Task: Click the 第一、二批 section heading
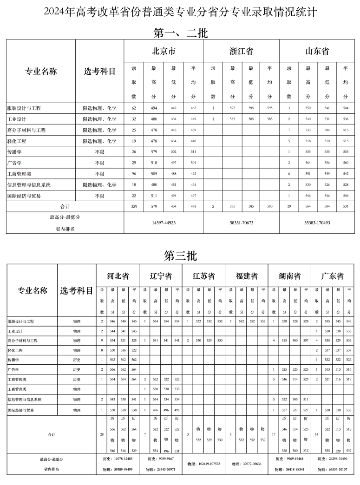click(x=180, y=33)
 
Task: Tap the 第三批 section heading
click(x=180, y=256)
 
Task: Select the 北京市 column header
click(x=164, y=51)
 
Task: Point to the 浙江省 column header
click(x=242, y=51)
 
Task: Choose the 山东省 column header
click(x=317, y=51)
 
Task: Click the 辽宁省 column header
click(x=160, y=276)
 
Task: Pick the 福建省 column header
click(x=246, y=276)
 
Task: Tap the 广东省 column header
click(x=333, y=276)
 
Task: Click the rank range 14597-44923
click(x=164, y=223)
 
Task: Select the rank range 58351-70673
click(x=242, y=223)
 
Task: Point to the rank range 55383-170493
click(x=317, y=223)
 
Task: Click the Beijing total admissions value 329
click(x=134, y=206)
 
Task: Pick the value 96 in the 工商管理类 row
click(x=134, y=174)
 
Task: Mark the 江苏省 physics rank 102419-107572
click(x=203, y=464)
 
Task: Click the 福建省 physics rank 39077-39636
click(x=246, y=464)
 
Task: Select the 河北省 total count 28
click(x=102, y=434)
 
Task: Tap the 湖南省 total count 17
click(x=274, y=434)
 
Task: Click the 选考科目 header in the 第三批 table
click(x=77, y=291)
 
